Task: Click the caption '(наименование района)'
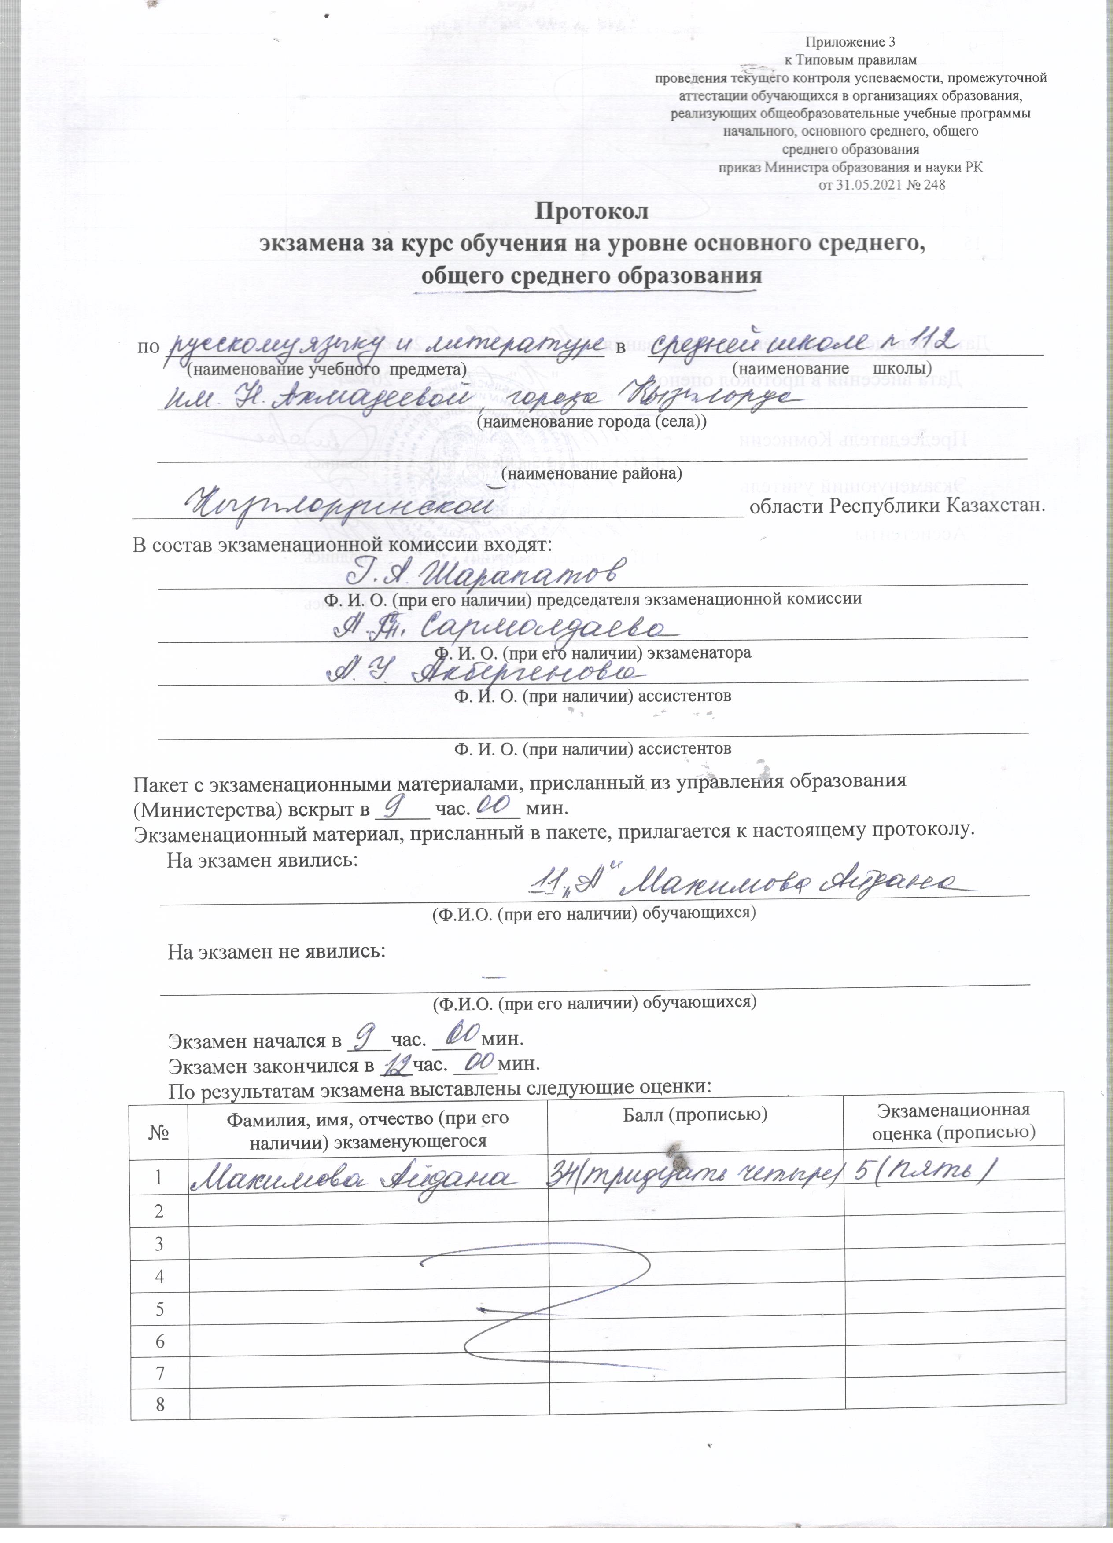(592, 473)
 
